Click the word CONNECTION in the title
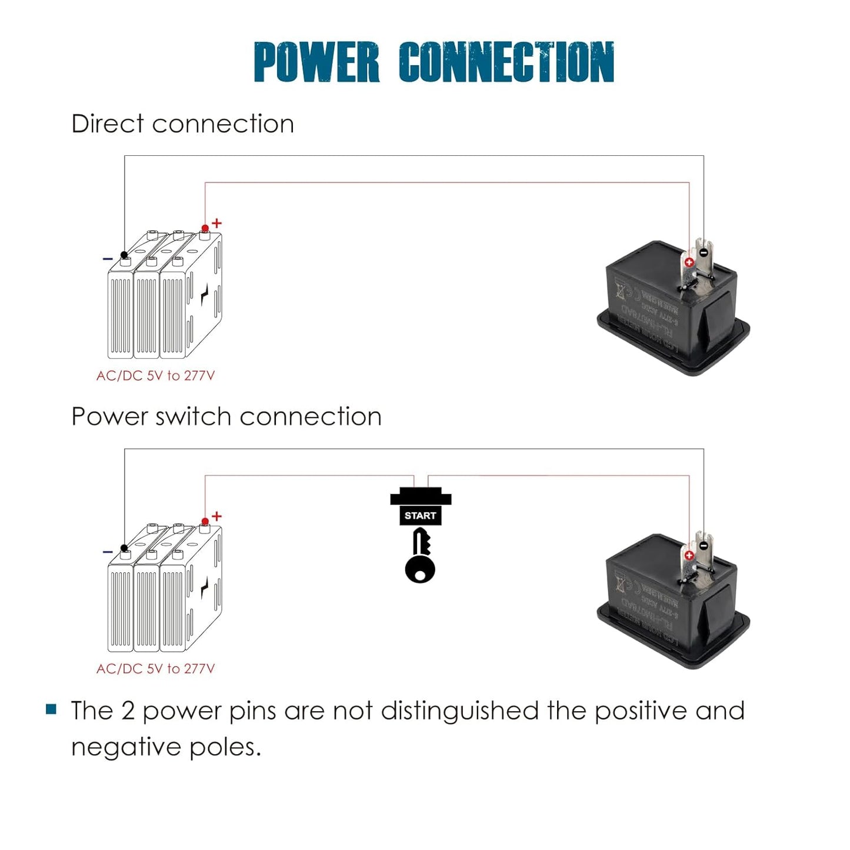click(506, 62)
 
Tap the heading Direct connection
click(182, 124)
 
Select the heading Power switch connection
click(226, 416)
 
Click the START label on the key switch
click(420, 515)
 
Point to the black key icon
click(420, 556)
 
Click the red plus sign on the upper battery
click(217, 223)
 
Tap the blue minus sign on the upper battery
click(108, 259)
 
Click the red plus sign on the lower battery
click(217, 516)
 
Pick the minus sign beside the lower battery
click(108, 552)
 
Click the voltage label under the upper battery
click(156, 375)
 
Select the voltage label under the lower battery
click(156, 668)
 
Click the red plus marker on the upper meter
click(689, 262)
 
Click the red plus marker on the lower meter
click(689, 555)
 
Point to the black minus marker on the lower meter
click(704, 546)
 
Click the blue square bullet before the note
click(51, 709)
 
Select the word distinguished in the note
click(459, 711)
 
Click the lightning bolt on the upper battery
click(204, 294)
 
